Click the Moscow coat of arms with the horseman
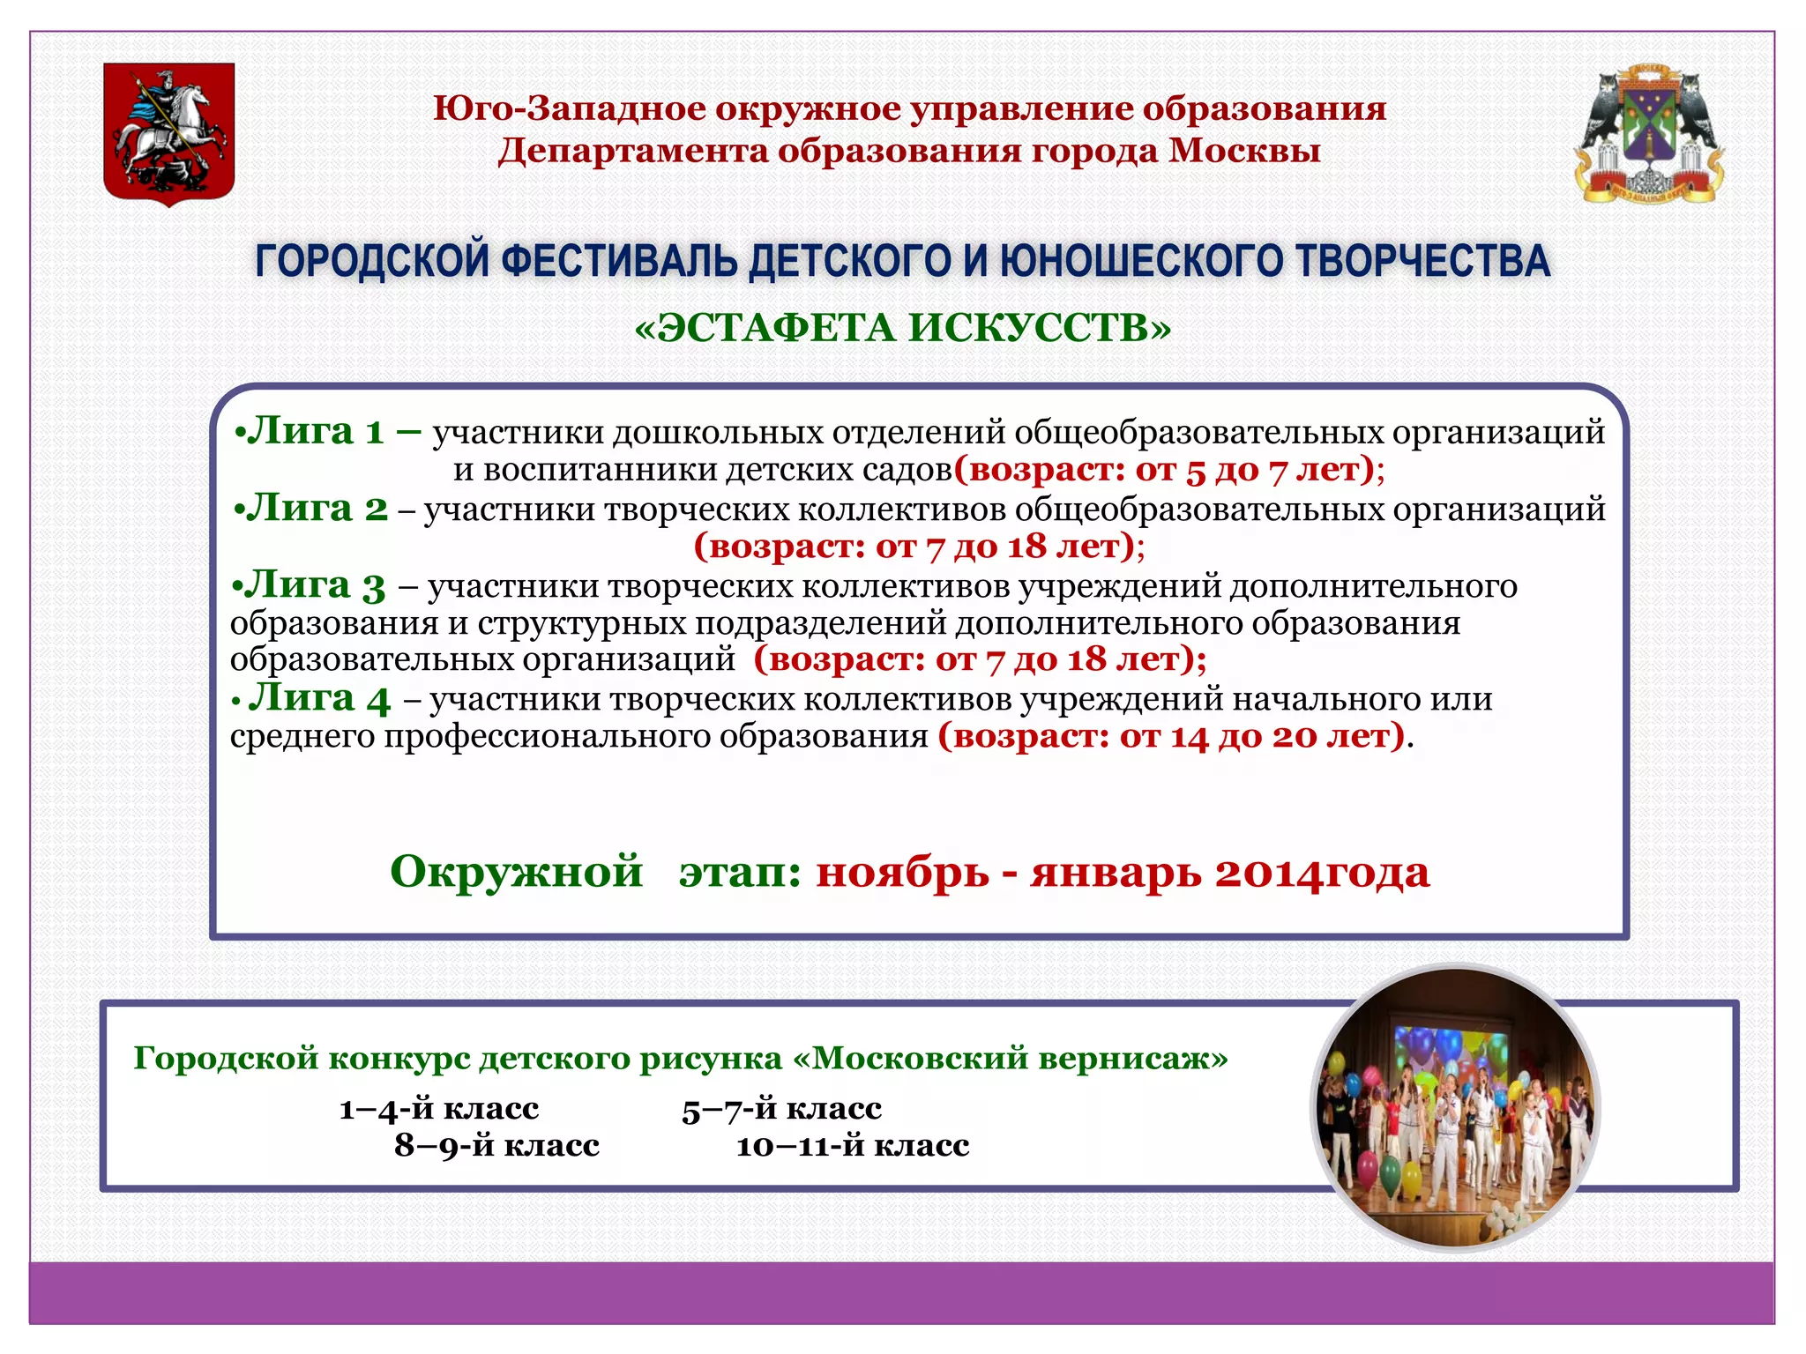tap(169, 134)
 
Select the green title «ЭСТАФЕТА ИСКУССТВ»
tap(902, 328)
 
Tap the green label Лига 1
tap(316, 431)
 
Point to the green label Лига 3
tap(315, 586)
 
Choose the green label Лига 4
tap(319, 698)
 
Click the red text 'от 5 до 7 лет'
tap(1247, 470)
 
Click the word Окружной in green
tap(516, 872)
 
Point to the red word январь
tap(1115, 874)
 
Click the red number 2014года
tap(1322, 874)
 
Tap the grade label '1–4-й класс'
tap(439, 1108)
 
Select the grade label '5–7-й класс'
tap(781, 1109)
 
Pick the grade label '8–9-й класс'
tap(496, 1145)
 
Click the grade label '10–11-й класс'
tap(853, 1146)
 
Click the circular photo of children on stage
tap(1455, 1108)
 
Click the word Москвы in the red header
tap(1244, 151)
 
